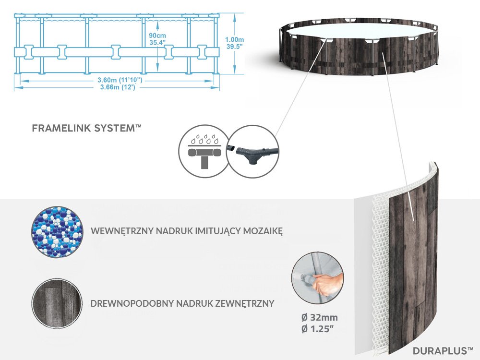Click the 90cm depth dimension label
(x=157, y=36)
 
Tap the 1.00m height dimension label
(x=234, y=39)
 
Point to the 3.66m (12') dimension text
(x=117, y=87)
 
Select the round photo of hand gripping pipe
(x=318, y=278)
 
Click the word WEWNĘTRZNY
(x=122, y=231)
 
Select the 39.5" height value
(x=234, y=47)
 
